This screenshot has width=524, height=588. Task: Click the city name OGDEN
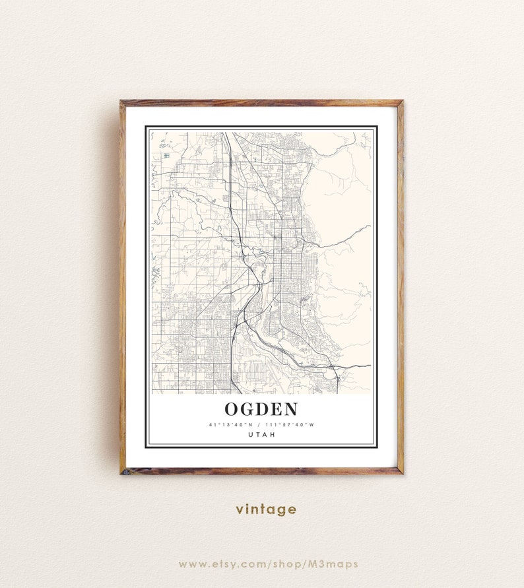point(261,409)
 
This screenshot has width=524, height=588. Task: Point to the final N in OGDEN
point(290,409)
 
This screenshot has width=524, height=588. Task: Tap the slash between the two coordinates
point(259,424)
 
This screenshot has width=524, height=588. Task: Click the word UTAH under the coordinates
point(261,434)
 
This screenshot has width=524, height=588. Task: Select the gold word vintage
point(266,509)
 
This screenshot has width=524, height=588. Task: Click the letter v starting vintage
point(240,509)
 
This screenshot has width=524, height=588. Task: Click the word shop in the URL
point(293,564)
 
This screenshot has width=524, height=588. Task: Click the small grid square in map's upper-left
point(166,155)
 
